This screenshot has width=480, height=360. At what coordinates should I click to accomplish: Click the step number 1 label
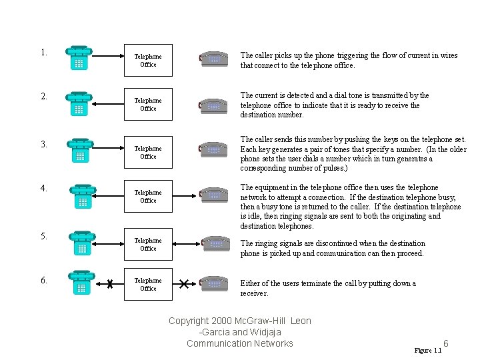tap(43, 53)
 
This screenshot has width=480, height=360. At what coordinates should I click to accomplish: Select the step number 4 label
tap(43, 189)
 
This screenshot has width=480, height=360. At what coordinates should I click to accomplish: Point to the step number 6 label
tap(43, 281)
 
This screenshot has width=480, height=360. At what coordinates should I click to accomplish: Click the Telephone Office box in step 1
tap(148, 61)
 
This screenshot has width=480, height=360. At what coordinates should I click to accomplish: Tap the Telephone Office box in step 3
tap(148, 153)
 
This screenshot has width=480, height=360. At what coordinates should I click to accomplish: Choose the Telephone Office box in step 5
tap(148, 245)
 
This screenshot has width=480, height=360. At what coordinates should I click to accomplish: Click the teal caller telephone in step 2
tap(79, 105)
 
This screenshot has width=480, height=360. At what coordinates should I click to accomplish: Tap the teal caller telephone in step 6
tap(81, 283)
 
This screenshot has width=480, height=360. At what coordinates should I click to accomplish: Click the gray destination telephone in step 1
tap(214, 59)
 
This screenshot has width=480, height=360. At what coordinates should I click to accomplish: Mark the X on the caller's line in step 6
tap(109, 285)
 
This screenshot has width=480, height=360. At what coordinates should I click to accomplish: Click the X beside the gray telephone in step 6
tap(184, 285)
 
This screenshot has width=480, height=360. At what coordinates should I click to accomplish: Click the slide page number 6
tap(446, 344)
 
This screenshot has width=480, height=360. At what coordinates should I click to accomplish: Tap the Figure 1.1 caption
tap(428, 351)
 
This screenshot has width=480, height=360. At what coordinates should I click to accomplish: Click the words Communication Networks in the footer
tap(239, 344)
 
